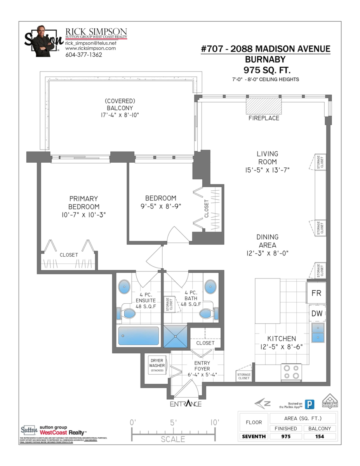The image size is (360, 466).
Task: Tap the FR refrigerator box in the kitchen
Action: coord(316,293)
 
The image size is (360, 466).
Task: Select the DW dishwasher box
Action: coord(316,313)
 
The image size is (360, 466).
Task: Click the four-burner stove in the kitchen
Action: coord(291,372)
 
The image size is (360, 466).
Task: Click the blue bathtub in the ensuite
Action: coord(138,336)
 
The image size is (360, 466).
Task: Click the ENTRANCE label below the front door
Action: coord(186,404)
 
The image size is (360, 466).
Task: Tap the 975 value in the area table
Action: coord(286,436)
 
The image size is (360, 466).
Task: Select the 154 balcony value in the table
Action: coord(320,436)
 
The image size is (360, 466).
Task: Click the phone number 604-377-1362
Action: coord(83,55)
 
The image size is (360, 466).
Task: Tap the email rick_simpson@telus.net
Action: coord(90,43)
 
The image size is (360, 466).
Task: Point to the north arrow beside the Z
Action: coord(259,404)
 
